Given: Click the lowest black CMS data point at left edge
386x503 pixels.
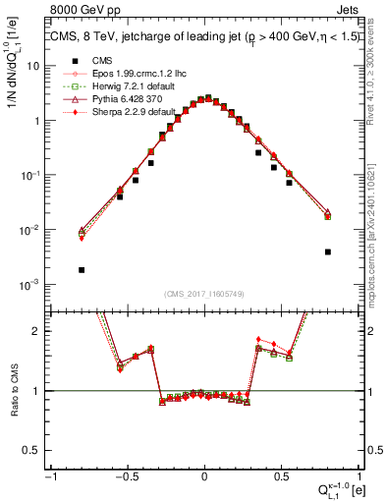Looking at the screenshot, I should click(82, 269).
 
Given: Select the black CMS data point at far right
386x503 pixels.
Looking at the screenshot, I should click(327, 251).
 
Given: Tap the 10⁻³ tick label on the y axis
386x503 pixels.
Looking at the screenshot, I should click(32, 284).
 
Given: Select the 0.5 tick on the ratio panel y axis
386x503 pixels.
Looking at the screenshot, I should click(34, 449).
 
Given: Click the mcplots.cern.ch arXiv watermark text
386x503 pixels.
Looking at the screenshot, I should click(379, 226).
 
